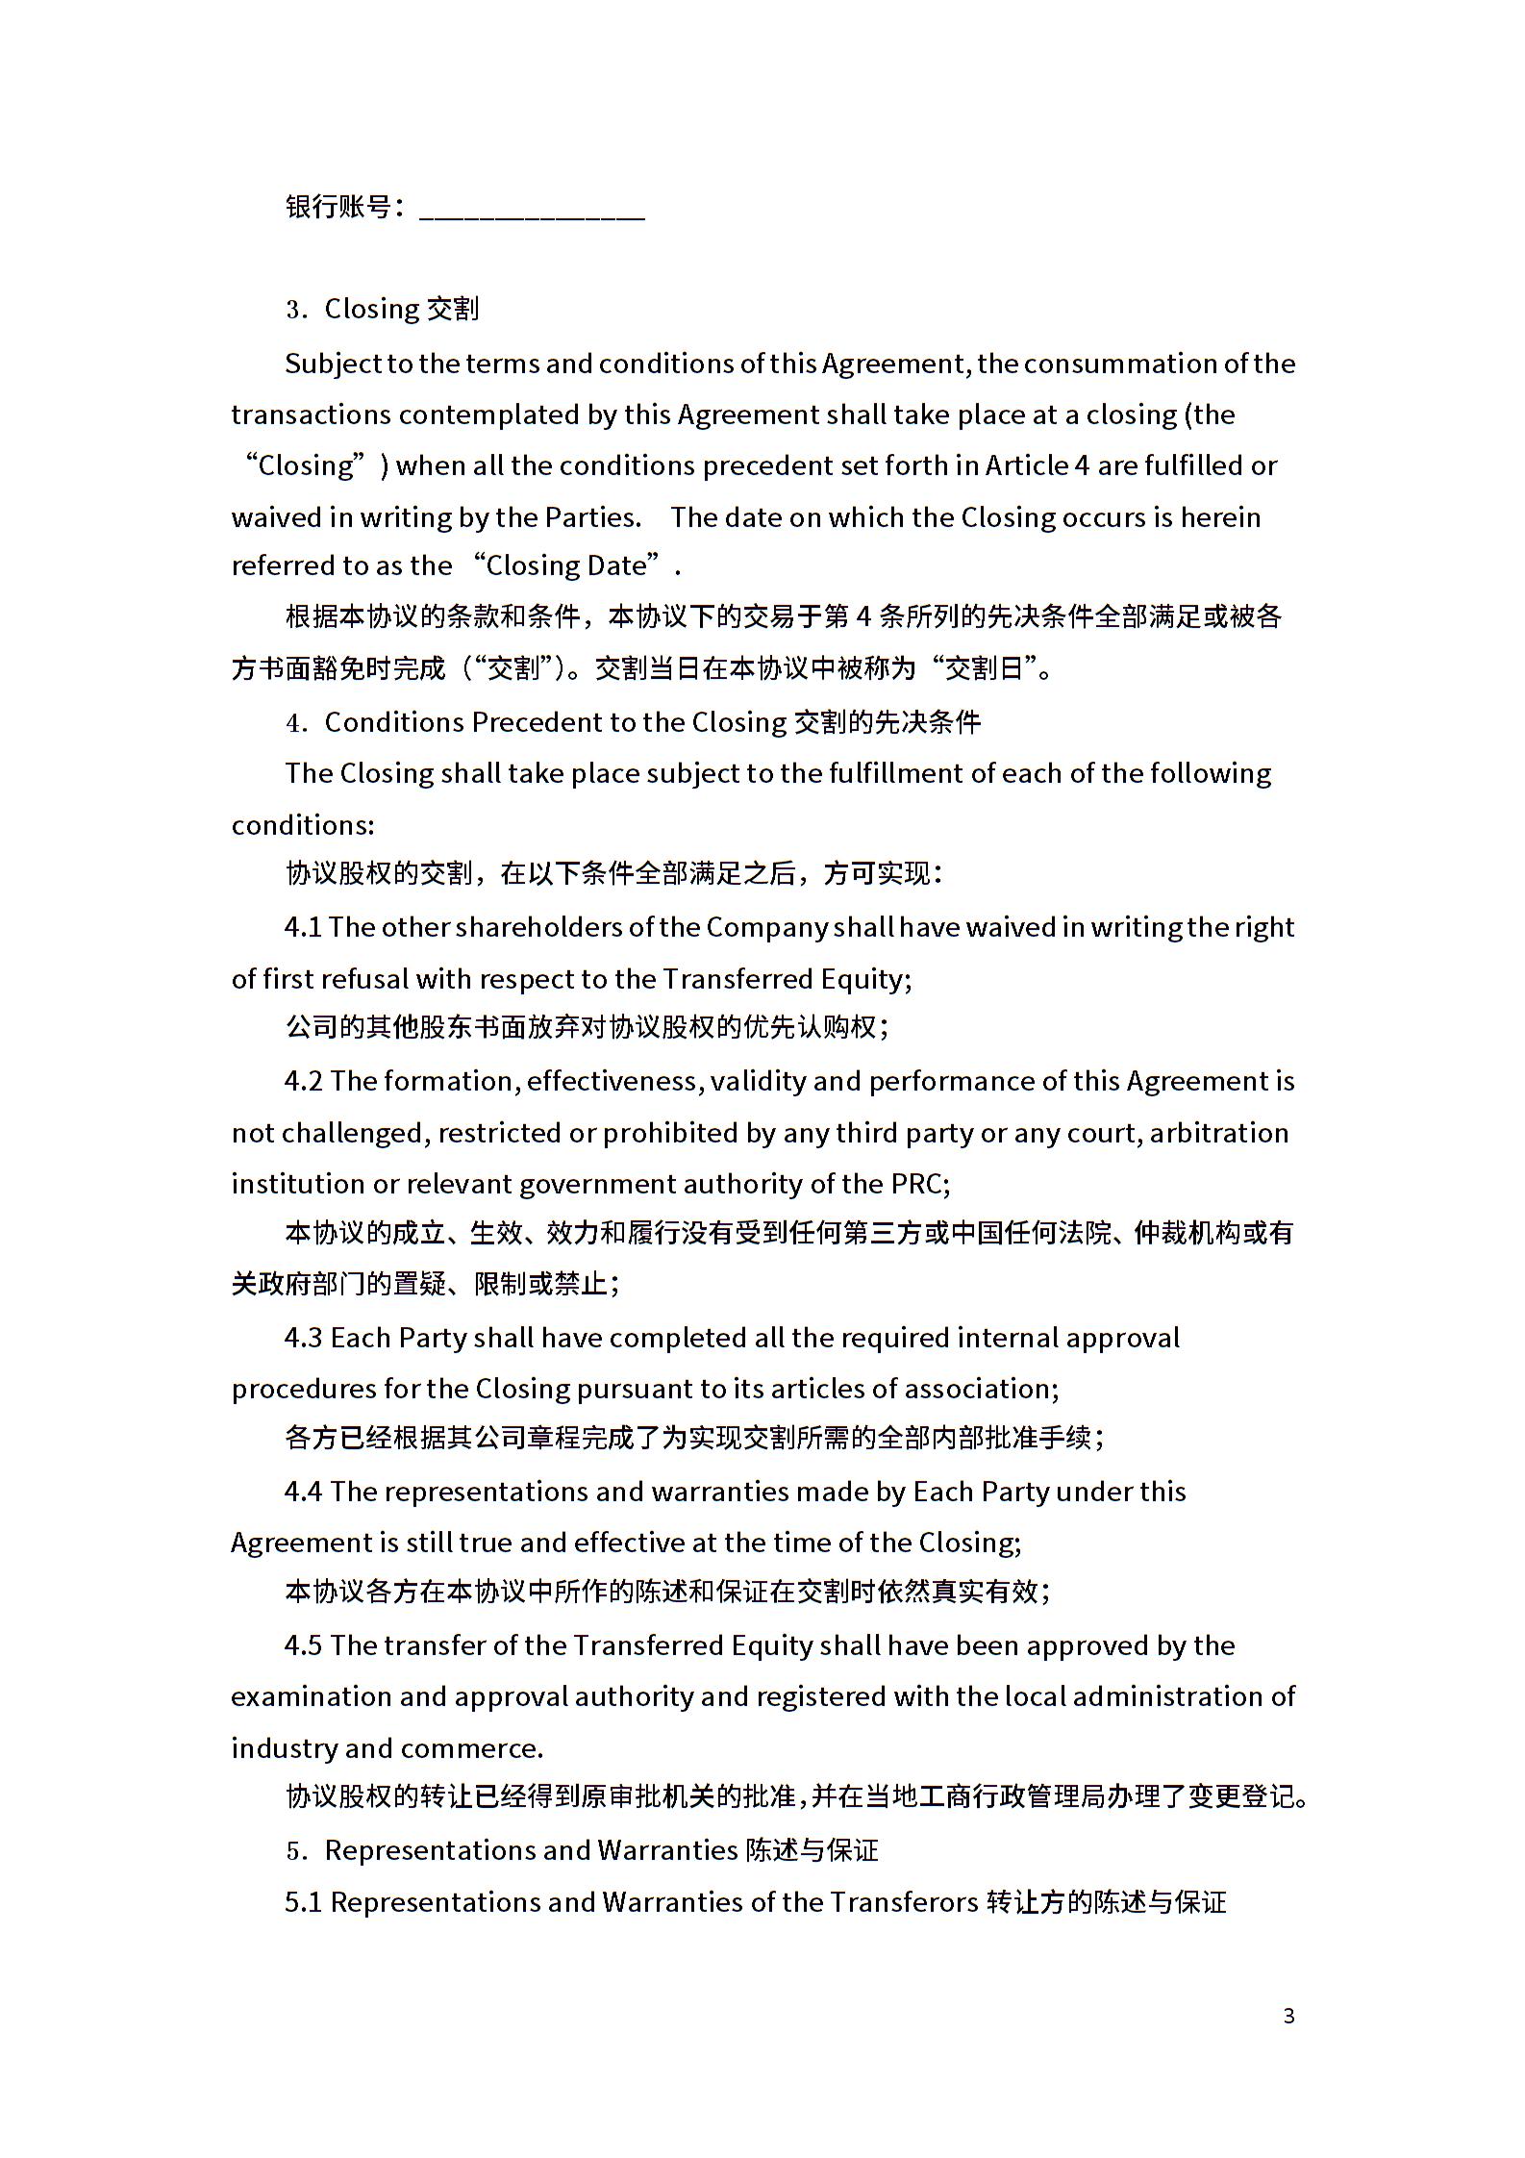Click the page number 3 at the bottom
pos(1288,2016)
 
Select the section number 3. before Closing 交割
pos(296,310)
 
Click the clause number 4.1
pos(303,927)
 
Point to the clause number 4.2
pos(304,1081)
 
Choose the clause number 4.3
pos(304,1338)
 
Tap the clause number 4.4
pos(304,1492)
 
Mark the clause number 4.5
pos(304,1645)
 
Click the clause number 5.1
pos(303,1902)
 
